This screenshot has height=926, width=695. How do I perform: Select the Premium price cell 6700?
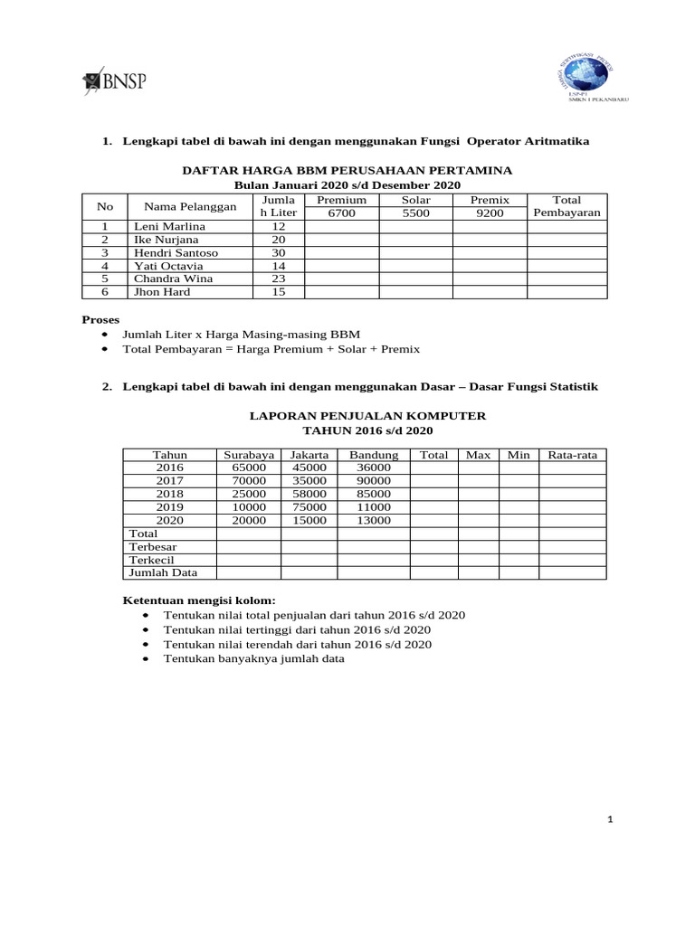coord(341,213)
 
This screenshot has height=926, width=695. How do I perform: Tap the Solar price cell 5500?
coord(415,213)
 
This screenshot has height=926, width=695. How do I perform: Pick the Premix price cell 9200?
coord(490,213)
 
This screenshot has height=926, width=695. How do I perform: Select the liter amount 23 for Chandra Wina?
coord(278,279)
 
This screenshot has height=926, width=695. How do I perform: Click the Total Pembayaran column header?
coord(567,206)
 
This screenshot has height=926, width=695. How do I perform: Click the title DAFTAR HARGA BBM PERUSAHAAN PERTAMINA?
coord(347,170)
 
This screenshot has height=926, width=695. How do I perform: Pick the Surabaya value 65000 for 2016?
coord(248,468)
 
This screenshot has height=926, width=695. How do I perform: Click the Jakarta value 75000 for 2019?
coord(309,507)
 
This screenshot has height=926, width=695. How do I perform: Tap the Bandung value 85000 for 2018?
coord(373,494)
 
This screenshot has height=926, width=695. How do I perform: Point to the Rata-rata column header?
coord(573,455)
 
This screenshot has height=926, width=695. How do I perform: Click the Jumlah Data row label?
coord(163,572)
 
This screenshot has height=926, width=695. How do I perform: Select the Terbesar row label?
coord(153,547)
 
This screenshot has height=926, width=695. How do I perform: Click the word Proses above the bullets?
coord(100,319)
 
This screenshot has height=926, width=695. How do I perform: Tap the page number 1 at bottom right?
coord(612,819)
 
